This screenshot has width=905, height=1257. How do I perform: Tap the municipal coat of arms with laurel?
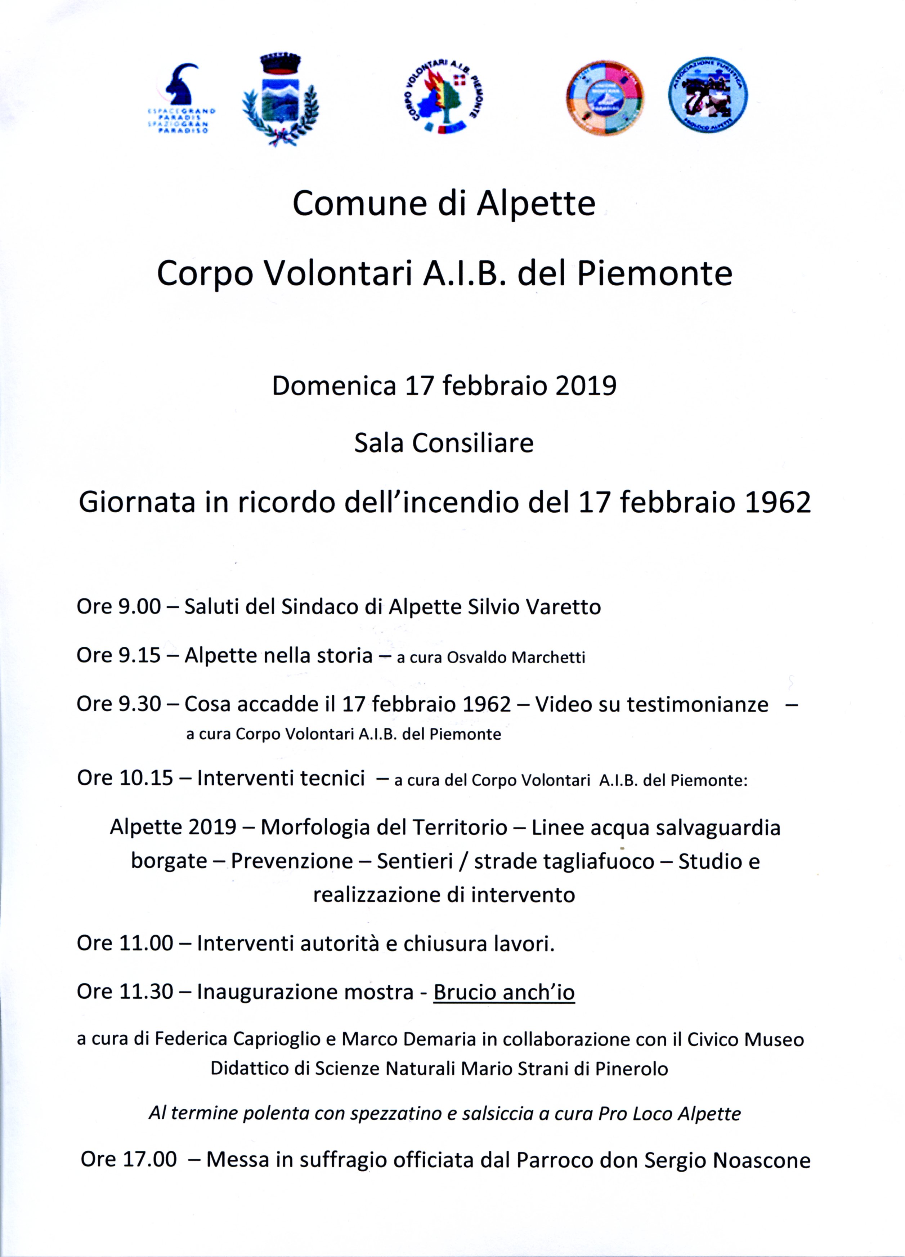coord(280,100)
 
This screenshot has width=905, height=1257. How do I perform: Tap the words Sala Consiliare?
coord(444,443)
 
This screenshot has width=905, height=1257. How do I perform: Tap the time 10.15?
coord(146,778)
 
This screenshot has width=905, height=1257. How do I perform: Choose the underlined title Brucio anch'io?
coord(504,992)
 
